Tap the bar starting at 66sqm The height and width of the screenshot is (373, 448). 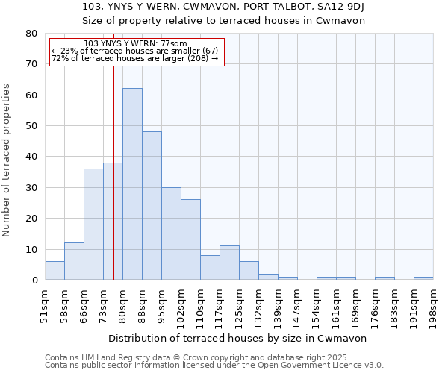93,224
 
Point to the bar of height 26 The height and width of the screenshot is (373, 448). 190,239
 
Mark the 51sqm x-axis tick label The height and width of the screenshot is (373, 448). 45,302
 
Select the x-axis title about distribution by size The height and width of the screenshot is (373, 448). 238,338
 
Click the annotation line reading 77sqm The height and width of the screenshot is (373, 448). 136,44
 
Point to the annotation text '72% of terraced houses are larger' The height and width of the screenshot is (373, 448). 134,58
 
